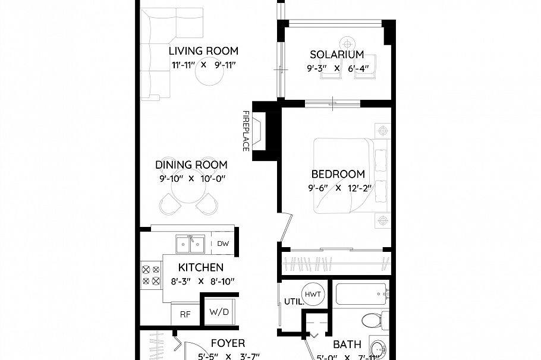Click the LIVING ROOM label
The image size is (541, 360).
pos(203,51)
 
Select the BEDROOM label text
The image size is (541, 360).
pos(338,174)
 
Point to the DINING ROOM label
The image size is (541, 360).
pos(191,165)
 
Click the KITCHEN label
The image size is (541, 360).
pos(201,268)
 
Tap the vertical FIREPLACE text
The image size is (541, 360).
pos(245,130)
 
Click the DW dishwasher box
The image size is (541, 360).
pos(224,244)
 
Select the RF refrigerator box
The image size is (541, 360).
pos(185,314)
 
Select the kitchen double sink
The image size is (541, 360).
pos(190,244)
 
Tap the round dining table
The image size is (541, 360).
pos(187,191)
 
